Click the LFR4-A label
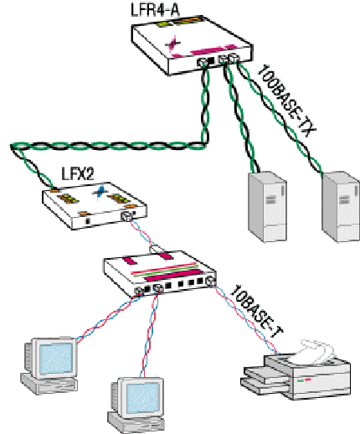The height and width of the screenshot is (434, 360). [155, 10]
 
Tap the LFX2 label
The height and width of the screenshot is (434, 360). [78, 173]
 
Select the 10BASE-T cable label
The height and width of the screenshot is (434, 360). [256, 312]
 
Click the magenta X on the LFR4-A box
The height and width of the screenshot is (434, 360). [173, 44]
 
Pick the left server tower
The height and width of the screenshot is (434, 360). [267, 206]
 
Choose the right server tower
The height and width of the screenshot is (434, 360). [341, 207]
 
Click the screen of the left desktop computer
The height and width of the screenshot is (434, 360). [56, 359]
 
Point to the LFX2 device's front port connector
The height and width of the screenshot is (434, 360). [126, 216]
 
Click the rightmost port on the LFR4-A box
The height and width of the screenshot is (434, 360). [234, 59]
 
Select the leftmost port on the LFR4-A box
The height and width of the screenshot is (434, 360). [202, 62]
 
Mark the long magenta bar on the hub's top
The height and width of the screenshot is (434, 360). [173, 276]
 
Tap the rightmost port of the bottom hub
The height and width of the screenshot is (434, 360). [210, 282]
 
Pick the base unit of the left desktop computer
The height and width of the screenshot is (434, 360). [49, 384]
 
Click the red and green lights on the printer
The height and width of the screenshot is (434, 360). [304, 380]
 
